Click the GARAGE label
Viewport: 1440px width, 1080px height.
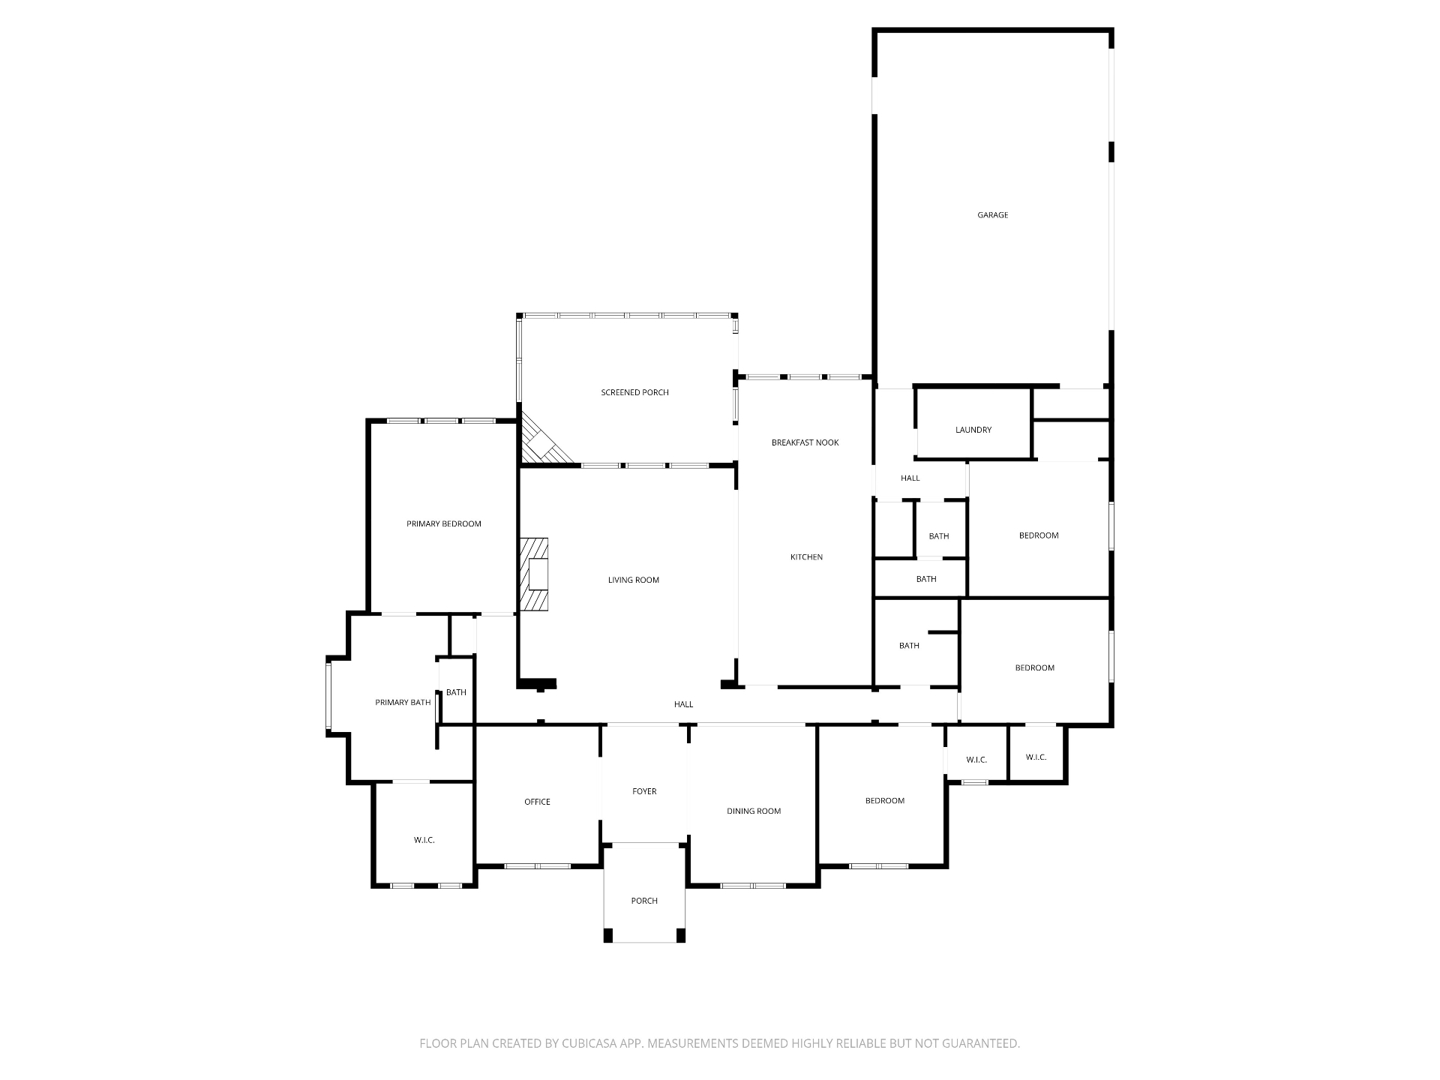[992, 215]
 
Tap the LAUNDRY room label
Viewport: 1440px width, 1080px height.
[973, 430]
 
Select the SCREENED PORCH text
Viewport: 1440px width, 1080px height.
[634, 392]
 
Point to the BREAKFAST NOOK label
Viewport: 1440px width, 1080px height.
[805, 442]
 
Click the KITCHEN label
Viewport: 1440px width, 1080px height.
[806, 557]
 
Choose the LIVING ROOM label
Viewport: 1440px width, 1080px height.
[633, 580]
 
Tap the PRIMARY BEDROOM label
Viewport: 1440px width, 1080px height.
[443, 523]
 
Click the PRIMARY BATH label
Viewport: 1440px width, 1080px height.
[403, 703]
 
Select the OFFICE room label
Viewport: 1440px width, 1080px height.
[537, 802]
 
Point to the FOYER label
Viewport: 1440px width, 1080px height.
[644, 791]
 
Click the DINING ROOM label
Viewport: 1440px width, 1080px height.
[753, 811]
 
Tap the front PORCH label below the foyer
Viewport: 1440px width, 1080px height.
[644, 901]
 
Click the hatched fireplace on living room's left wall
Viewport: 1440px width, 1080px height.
[534, 574]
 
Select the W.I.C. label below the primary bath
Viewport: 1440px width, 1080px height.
[424, 840]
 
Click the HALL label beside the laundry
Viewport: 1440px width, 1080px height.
[910, 478]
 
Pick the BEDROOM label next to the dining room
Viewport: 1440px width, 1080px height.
[884, 801]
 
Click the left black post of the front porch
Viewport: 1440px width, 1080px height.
[608, 935]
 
